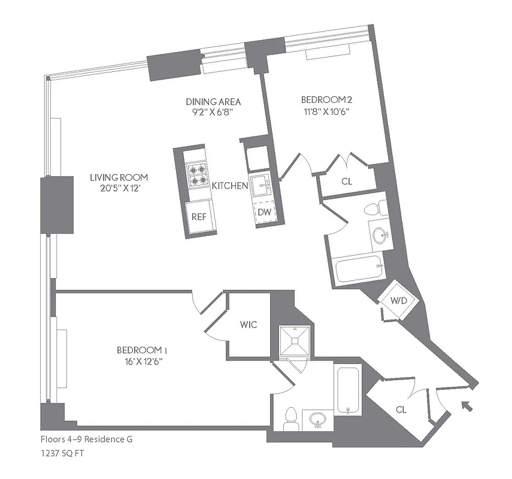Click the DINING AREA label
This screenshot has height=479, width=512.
click(205, 102)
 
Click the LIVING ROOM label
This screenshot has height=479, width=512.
click(119, 178)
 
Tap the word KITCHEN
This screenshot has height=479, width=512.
click(230, 186)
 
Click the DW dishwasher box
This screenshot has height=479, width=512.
click(263, 212)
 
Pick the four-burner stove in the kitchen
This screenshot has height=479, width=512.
click(198, 175)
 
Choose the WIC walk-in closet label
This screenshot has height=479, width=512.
click(250, 325)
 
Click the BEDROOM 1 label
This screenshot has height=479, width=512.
click(140, 350)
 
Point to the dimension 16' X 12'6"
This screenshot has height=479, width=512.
click(140, 361)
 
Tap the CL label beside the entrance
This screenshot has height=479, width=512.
click(401, 410)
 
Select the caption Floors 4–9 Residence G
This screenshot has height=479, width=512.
click(87, 439)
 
